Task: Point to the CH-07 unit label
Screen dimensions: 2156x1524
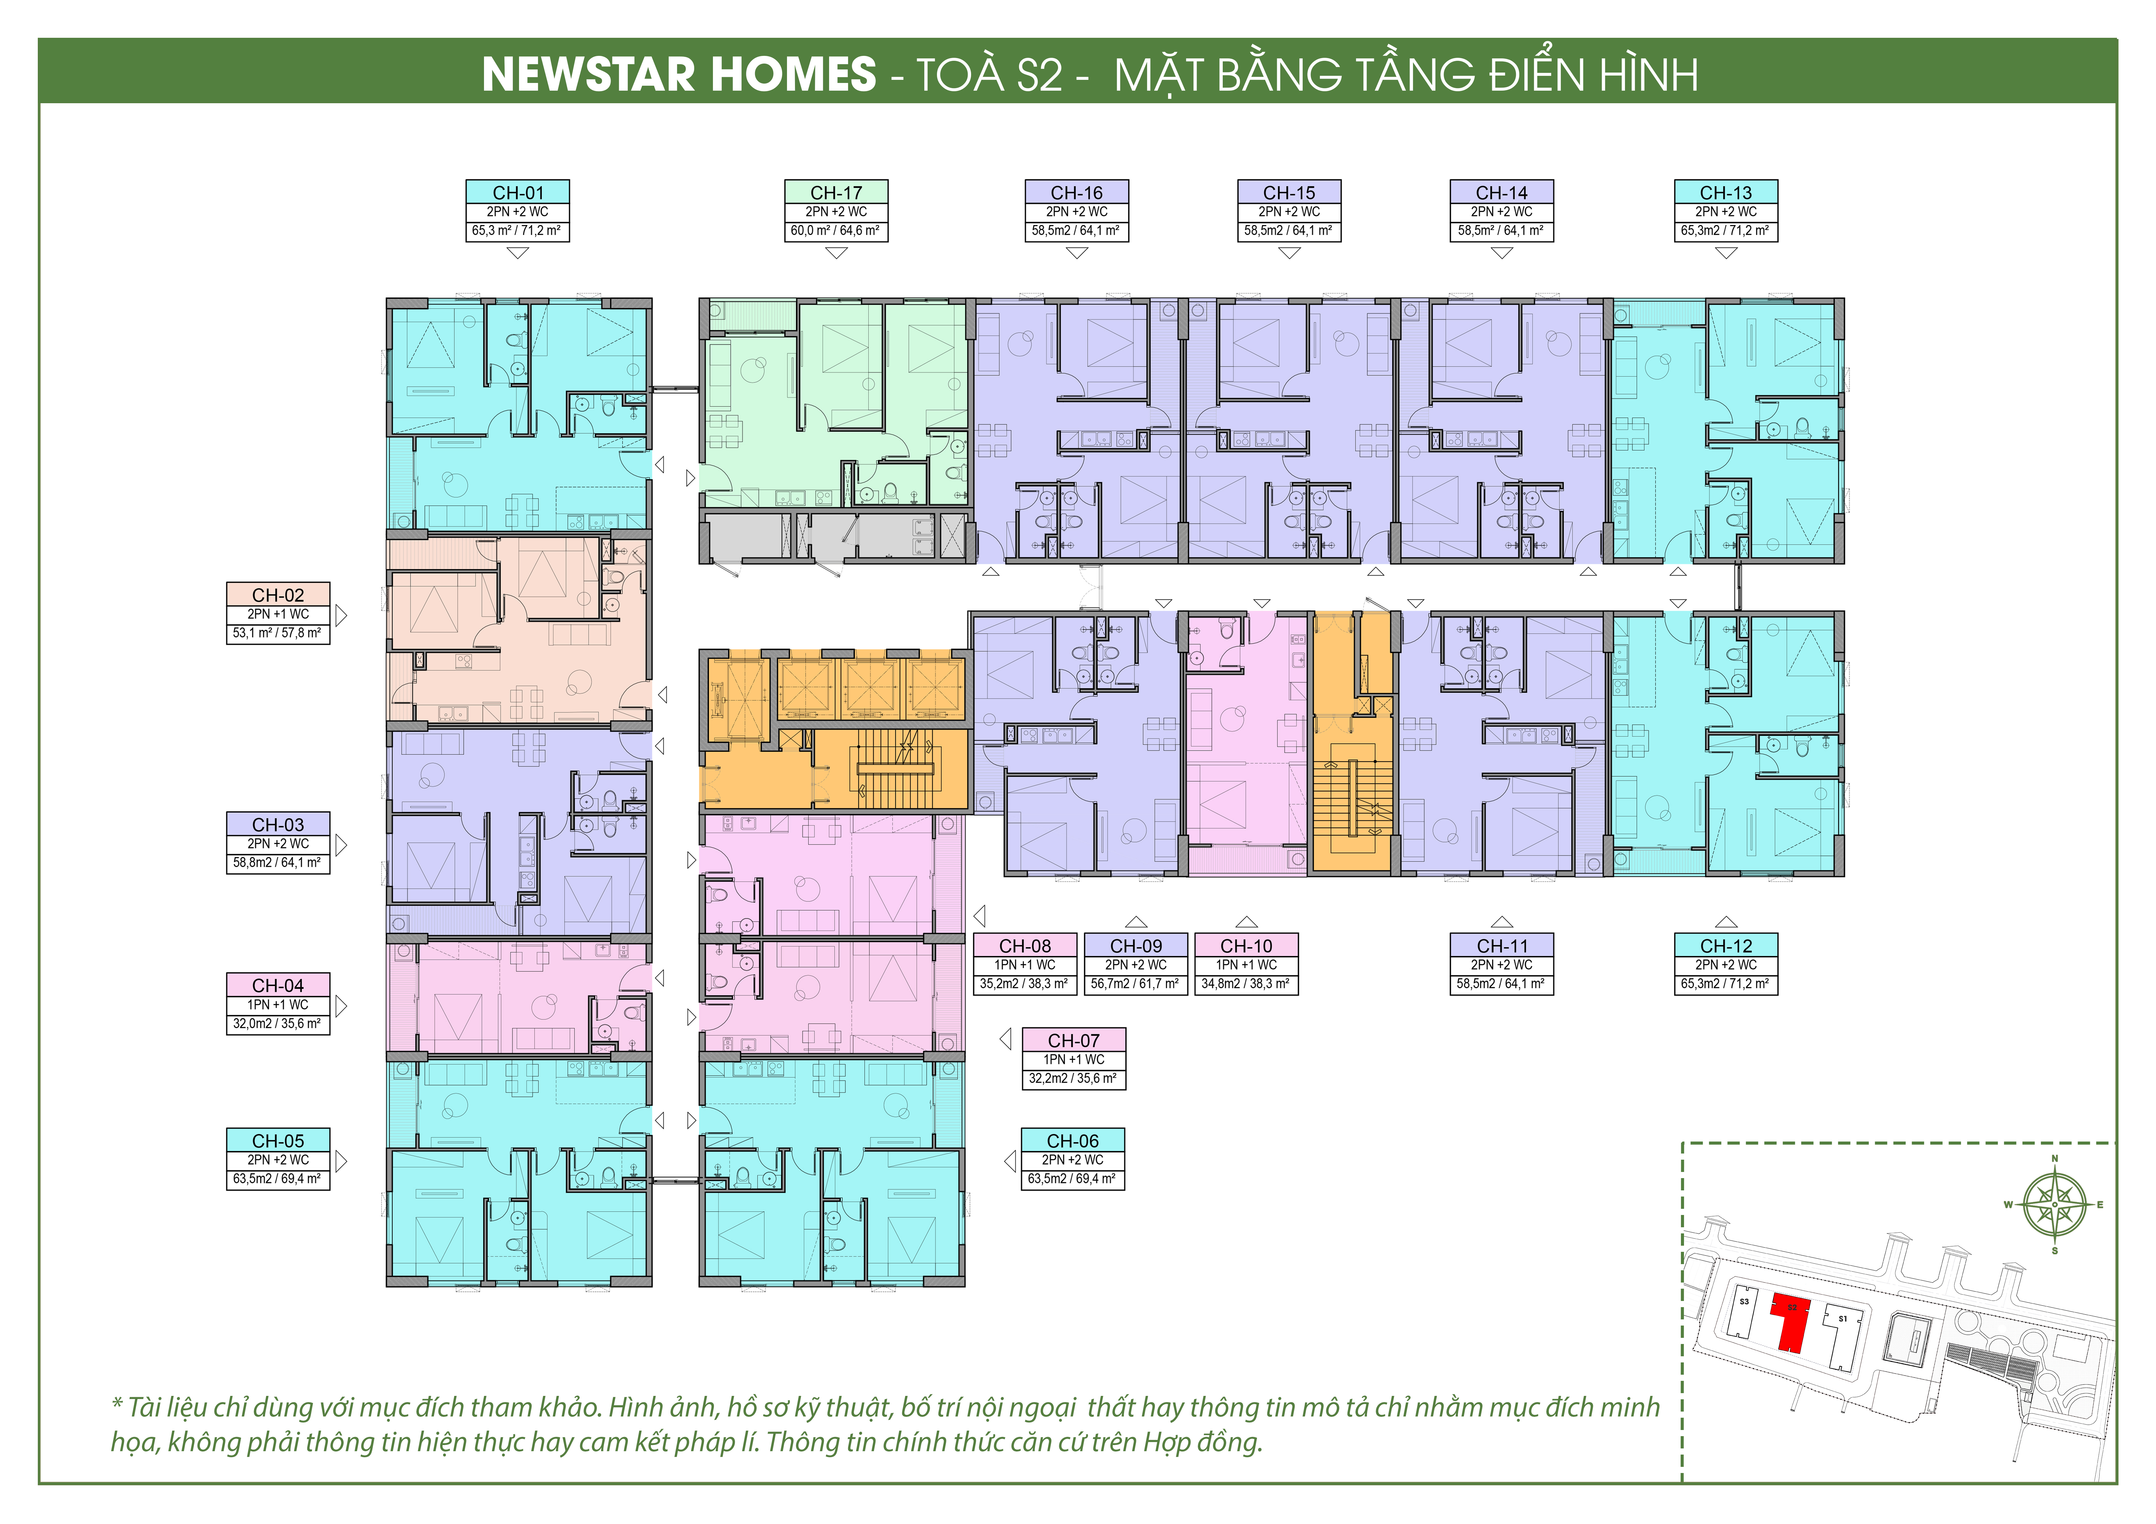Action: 1073,1058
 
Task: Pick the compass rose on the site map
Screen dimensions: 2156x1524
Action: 2055,1205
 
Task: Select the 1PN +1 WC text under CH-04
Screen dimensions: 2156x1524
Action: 278,1005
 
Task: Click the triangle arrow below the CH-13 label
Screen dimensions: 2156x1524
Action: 1726,253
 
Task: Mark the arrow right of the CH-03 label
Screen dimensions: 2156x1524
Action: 342,844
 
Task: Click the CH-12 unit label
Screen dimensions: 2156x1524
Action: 1726,964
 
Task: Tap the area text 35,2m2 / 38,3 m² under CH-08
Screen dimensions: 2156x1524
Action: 1025,984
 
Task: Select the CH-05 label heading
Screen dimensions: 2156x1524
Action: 278,1141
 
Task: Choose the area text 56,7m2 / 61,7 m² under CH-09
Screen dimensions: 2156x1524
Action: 1135,984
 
